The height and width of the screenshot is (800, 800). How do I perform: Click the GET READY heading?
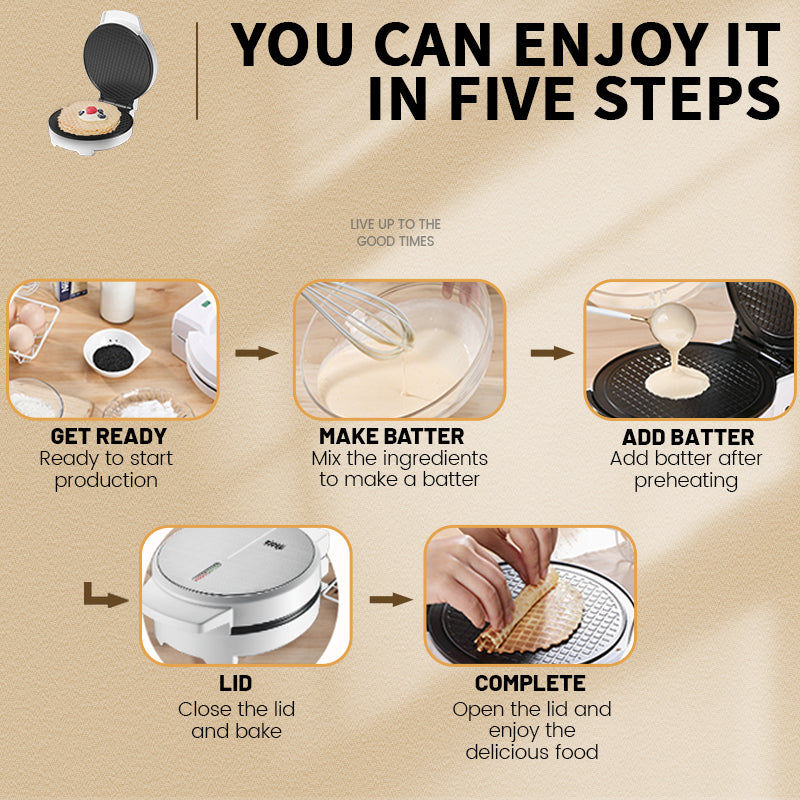click(x=108, y=436)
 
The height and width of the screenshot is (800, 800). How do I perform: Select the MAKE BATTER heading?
click(x=392, y=436)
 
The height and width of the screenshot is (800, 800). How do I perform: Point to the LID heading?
click(x=236, y=684)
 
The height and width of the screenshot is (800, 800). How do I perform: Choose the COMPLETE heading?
click(x=530, y=684)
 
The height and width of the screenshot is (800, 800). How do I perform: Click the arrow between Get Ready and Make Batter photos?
click(x=257, y=353)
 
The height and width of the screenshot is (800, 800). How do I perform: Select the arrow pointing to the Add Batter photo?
click(x=551, y=353)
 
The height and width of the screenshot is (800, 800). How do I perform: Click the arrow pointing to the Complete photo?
click(x=390, y=599)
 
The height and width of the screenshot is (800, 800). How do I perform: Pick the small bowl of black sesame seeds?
click(x=115, y=349)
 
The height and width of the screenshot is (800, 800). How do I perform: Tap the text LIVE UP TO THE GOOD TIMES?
click(x=395, y=233)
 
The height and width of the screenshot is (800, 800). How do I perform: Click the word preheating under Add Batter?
click(x=686, y=480)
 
